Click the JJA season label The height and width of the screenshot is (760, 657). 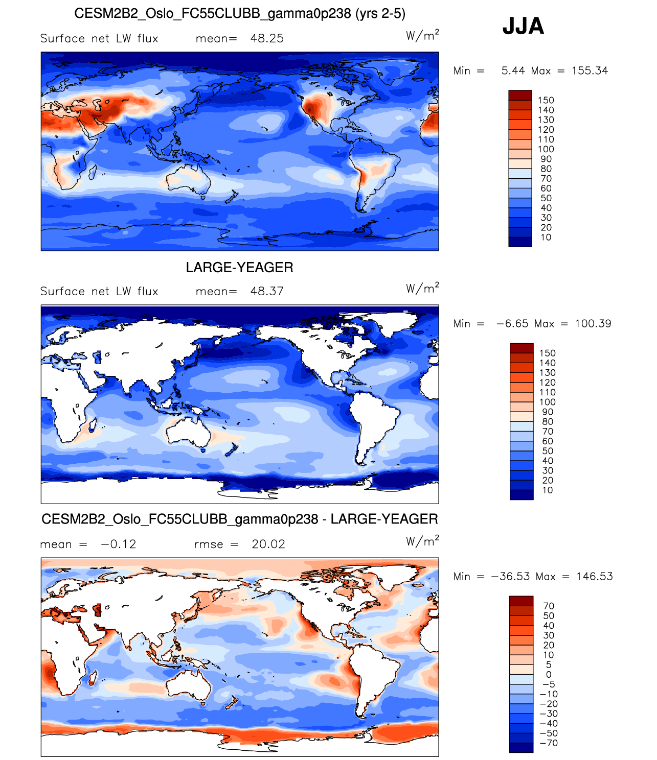(x=523, y=26)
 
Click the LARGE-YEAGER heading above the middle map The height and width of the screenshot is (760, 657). (x=239, y=268)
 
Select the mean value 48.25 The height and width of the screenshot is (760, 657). (x=267, y=39)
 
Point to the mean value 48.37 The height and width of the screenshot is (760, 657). (x=267, y=292)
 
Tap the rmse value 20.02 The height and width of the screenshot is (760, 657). (x=268, y=544)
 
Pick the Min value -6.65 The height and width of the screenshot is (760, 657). (x=512, y=324)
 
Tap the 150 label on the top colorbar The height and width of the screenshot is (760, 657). (x=546, y=101)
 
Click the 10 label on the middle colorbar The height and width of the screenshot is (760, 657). (x=547, y=490)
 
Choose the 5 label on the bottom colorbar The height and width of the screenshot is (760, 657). (x=548, y=665)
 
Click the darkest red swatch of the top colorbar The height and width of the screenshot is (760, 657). (x=520, y=96)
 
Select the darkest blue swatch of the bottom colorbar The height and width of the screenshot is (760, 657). (x=521, y=748)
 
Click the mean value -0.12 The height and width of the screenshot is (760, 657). (x=119, y=544)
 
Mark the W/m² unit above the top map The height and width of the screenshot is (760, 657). (x=422, y=36)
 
